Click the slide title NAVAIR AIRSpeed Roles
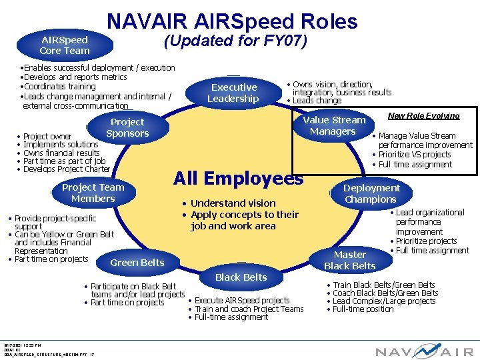click(231, 21)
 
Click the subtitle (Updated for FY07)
click(235, 41)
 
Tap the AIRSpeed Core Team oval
click(64, 45)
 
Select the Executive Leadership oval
click(233, 93)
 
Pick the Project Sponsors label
click(127, 127)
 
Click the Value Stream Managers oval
click(334, 125)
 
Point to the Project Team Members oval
click(93, 193)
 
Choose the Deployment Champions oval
click(371, 193)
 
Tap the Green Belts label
click(137, 263)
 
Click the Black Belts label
click(241, 277)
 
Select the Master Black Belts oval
click(350, 260)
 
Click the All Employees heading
click(238, 179)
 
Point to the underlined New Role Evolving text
click(424, 115)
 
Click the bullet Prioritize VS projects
click(415, 155)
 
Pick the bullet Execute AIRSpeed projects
click(241, 301)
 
